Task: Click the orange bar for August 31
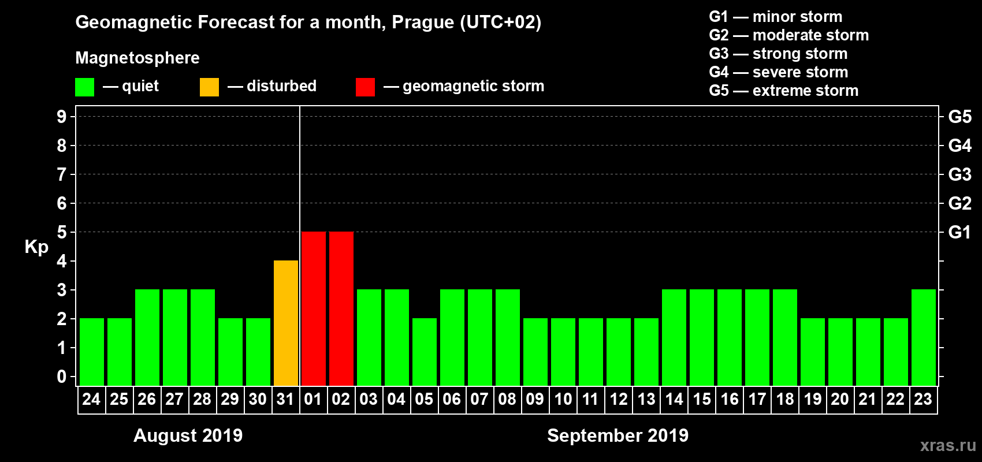[286, 323]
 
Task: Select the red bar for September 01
[314, 308]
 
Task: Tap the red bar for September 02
[341, 308]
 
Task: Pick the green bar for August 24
[92, 352]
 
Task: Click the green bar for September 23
[924, 337]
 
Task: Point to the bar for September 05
[425, 352]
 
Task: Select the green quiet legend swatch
[84, 87]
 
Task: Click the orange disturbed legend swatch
[209, 87]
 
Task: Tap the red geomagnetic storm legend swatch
[365, 87]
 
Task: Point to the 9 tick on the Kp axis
[62, 117]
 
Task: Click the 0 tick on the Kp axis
[62, 377]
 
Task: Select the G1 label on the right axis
[959, 232]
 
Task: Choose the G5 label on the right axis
[959, 117]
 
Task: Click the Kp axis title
[36, 247]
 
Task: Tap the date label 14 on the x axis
[674, 400]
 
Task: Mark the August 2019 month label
[188, 435]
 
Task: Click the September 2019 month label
[618, 435]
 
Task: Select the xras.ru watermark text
[948, 445]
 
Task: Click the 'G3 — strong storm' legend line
[778, 54]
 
